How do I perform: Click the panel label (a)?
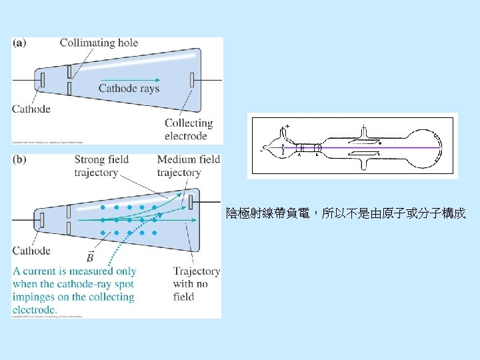point(19,43)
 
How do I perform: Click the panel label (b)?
point(19,160)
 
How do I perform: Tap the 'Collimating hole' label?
point(99,43)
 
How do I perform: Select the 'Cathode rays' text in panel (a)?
point(129,88)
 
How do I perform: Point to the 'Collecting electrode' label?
point(188,129)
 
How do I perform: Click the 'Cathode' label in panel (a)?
point(31,109)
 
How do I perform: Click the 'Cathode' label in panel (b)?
point(31,251)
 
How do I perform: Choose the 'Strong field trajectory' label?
point(101,166)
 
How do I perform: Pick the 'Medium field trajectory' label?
point(188,166)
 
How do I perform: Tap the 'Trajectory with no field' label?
point(196,283)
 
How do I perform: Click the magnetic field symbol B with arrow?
point(90,257)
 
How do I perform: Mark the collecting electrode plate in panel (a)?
point(193,80)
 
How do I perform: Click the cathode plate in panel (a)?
point(42,80)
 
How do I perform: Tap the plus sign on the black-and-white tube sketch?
point(287,125)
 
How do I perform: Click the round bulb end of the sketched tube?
point(427,146)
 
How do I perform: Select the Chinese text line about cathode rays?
point(345,214)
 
